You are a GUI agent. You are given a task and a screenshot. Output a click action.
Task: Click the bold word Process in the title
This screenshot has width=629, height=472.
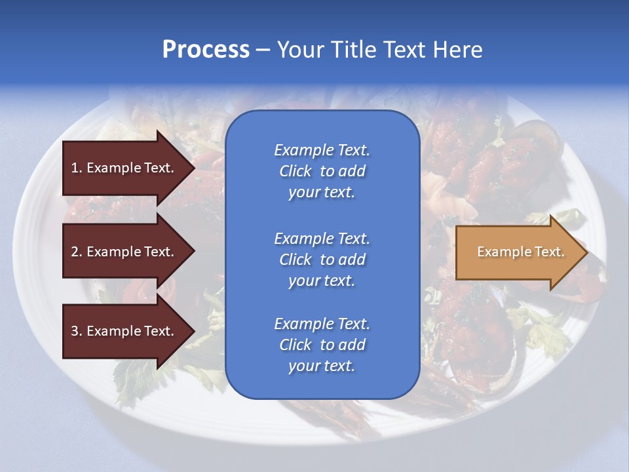206,50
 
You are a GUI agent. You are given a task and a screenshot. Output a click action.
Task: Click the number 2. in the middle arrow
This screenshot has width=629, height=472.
76,252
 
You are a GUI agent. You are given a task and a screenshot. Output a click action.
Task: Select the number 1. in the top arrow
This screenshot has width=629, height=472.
76,168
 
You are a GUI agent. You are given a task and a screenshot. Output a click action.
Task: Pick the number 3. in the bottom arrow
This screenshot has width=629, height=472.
76,331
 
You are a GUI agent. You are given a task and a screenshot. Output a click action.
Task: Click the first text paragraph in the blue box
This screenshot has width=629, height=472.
322,171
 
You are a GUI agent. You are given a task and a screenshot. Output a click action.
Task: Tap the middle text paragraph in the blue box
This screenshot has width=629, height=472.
322,260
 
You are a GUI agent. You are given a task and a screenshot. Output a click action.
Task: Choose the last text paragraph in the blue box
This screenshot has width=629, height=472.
322,345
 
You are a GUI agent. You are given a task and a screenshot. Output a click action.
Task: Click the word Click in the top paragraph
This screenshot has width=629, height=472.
295,171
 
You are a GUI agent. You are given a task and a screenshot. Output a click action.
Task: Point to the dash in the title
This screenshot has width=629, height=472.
263,50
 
